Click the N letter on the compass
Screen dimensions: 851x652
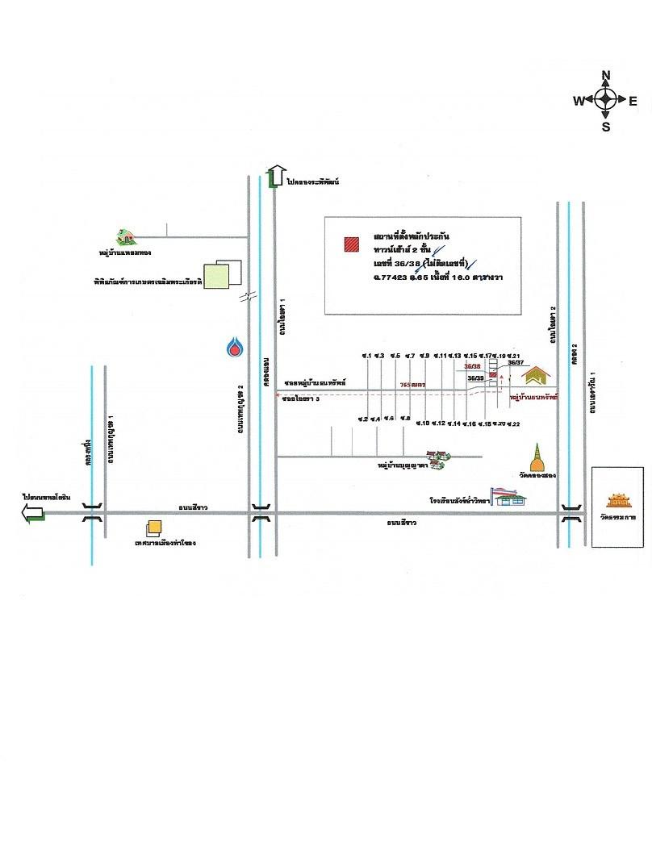[x=605, y=76]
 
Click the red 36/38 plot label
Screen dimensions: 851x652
[x=472, y=366]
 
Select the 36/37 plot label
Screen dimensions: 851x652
[x=516, y=363]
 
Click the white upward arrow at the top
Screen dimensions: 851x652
[x=276, y=174]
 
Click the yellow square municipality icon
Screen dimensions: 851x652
[x=152, y=528]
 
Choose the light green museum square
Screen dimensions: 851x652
[x=215, y=276]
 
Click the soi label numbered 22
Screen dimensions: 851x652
[x=513, y=423]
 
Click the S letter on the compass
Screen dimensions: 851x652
[x=605, y=126]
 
